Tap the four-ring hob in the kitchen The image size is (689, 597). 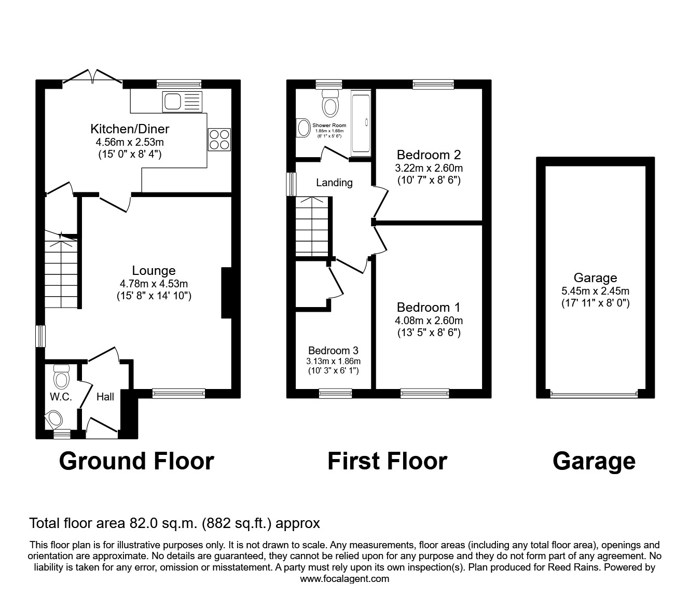point(219,139)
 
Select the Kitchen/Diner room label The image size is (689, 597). point(130,129)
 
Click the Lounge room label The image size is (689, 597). point(154,270)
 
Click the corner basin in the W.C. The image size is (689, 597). point(53,418)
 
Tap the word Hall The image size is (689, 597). point(105,397)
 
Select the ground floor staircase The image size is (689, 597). point(60,272)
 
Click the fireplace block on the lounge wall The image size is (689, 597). point(226,293)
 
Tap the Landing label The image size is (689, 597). point(334,183)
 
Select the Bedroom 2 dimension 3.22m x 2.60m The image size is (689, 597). point(429,168)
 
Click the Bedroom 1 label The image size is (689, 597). point(429,307)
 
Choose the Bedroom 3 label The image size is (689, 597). point(333,351)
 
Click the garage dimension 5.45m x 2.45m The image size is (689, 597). point(595,291)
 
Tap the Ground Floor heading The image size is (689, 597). point(136,461)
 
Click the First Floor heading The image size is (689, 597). point(387,461)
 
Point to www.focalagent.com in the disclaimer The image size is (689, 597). point(344,579)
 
